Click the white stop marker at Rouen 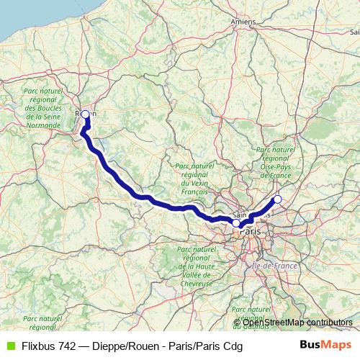coord(86,114)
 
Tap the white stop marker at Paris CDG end coord(277,199)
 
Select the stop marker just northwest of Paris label coord(236,223)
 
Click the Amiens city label coord(243,22)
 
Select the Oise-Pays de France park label coord(276,162)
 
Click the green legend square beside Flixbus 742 coord(9,345)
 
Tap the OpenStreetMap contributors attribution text coord(297,323)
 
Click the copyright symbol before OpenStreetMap coord(238,323)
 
